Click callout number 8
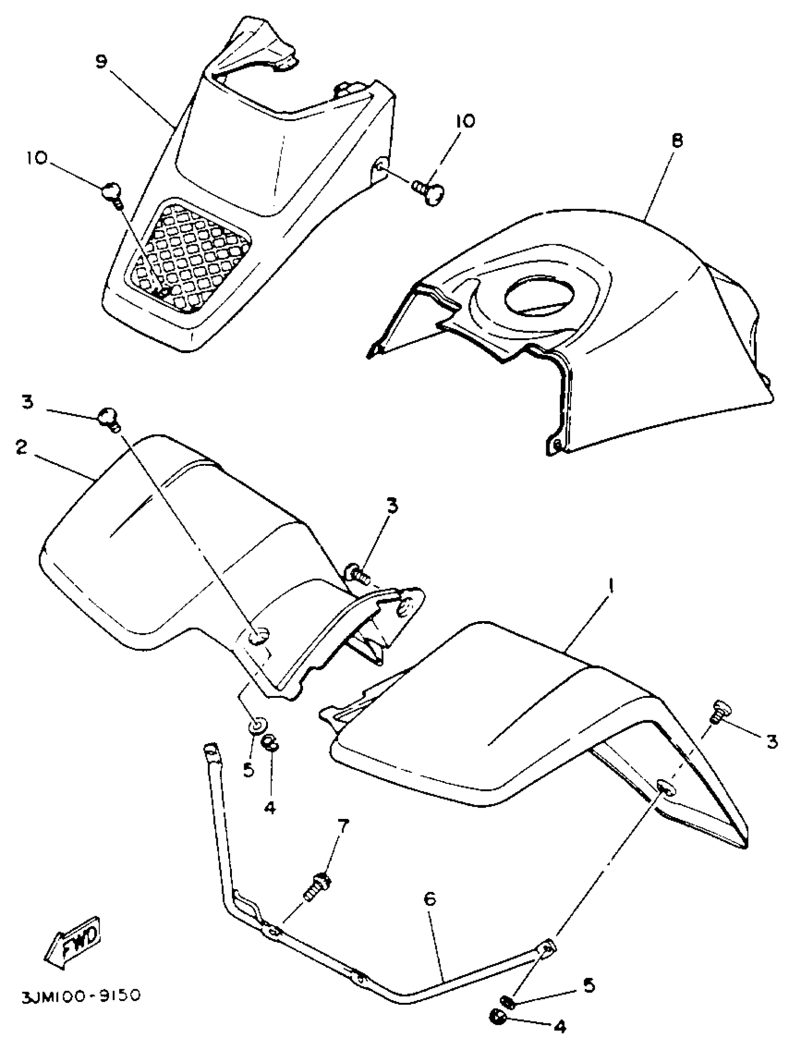pos(677,140)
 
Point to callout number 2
pos(21,448)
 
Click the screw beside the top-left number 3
pos(108,407)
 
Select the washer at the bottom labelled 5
pos(508,1014)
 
